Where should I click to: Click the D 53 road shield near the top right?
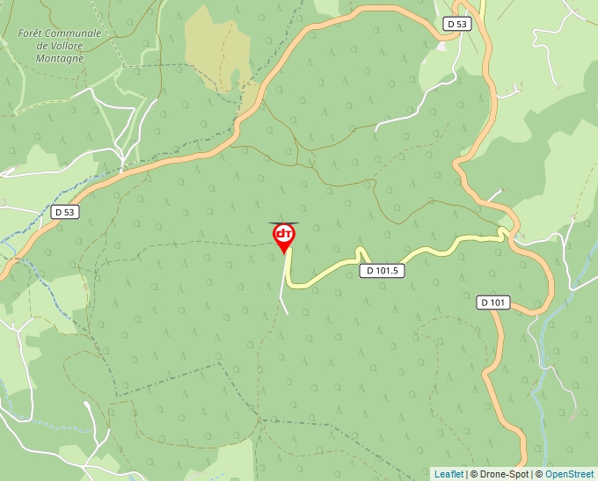pos(456,25)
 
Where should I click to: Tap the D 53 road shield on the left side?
pos(64,212)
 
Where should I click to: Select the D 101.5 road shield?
pos(383,271)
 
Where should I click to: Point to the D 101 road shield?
pos(493,302)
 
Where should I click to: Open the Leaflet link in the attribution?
pos(448,474)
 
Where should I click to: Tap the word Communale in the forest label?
pos(74,33)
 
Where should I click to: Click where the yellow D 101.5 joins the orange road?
pos(509,233)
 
